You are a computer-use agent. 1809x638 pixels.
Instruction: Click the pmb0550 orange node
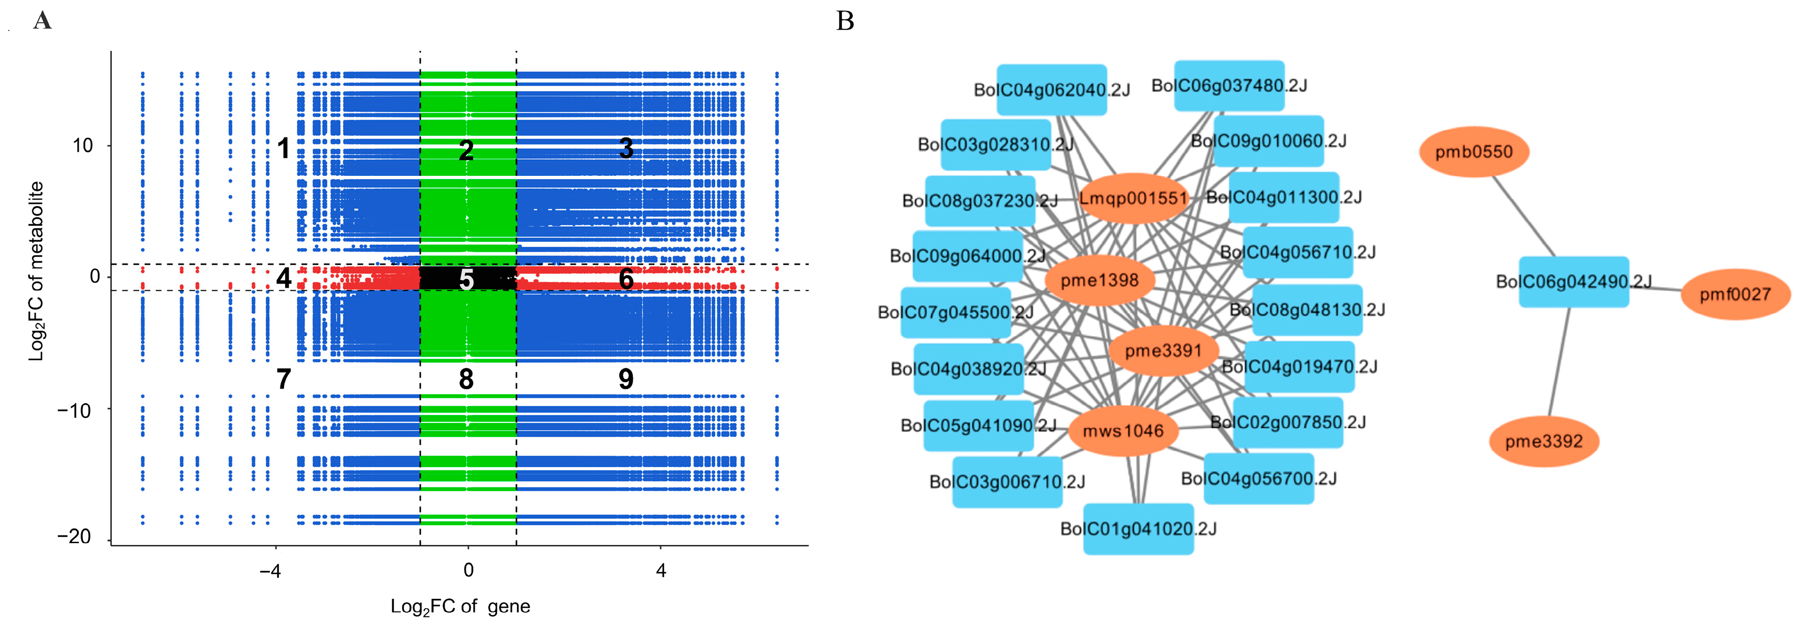pyautogui.click(x=1473, y=152)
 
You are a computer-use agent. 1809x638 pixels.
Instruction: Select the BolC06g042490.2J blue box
pyautogui.click(x=1573, y=281)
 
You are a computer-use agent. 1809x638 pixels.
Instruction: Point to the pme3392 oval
pyautogui.click(x=1544, y=442)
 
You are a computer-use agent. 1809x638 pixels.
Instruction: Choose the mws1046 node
pyautogui.click(x=1123, y=431)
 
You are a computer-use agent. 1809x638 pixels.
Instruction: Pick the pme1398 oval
pyautogui.click(x=1099, y=281)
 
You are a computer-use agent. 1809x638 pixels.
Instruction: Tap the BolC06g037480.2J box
pyautogui.click(x=1229, y=85)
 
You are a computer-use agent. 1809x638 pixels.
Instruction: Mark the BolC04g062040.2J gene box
pyautogui.click(x=1051, y=90)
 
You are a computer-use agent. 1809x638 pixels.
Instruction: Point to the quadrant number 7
pyautogui.click(x=284, y=379)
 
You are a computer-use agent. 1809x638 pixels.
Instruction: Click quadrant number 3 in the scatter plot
pyautogui.click(x=625, y=148)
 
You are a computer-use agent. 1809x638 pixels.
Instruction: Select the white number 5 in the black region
pyautogui.click(x=466, y=279)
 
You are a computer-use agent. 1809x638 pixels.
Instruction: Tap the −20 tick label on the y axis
pyautogui.click(x=75, y=537)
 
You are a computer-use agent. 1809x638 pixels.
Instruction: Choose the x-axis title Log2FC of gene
pyautogui.click(x=460, y=607)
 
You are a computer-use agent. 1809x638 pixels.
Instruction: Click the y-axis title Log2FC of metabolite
pyautogui.click(x=36, y=271)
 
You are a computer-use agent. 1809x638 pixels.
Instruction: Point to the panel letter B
pyautogui.click(x=845, y=21)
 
